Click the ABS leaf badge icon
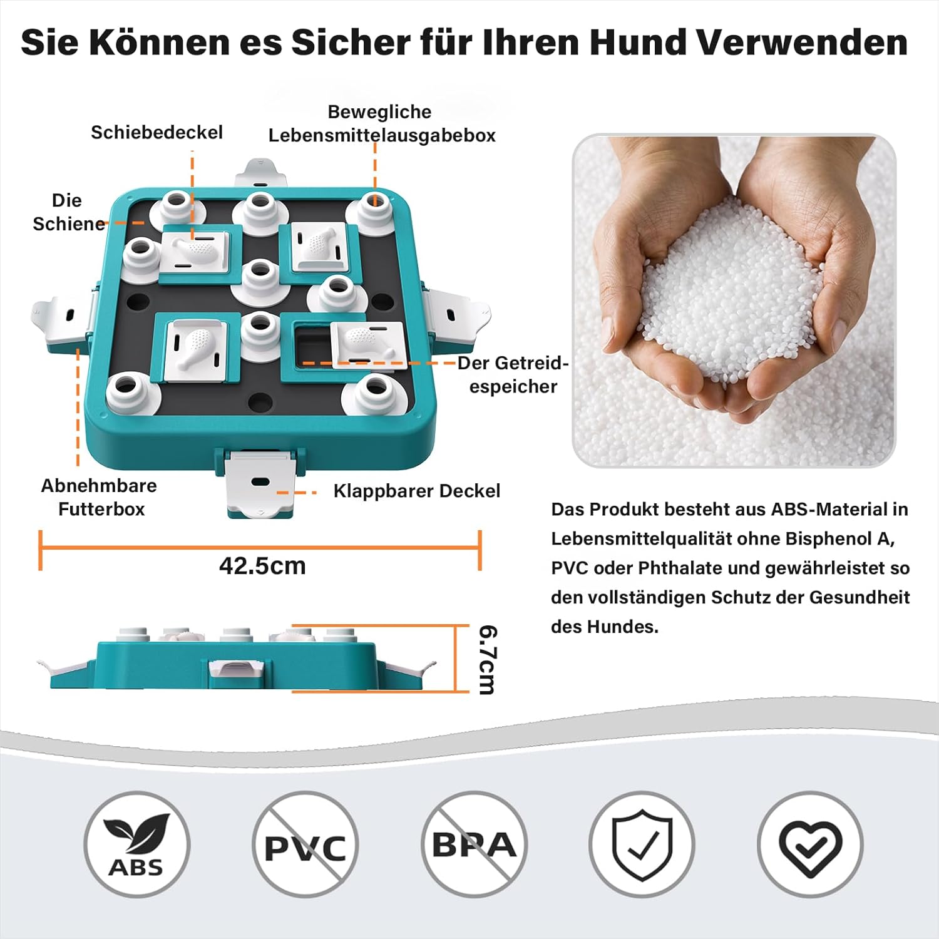tap(136, 844)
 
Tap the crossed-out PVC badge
tap(305, 844)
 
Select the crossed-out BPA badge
tap(474, 844)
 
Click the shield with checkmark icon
tap(642, 844)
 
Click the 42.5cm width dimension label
tap(262, 566)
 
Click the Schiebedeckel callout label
tap(156, 133)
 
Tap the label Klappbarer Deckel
tap(416, 491)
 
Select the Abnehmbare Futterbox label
tap(100, 497)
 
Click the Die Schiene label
tap(68, 212)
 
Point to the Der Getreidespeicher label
tap(513, 374)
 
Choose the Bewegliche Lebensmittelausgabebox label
tap(382, 123)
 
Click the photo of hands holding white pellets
tap(734, 300)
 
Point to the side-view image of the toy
tap(238, 659)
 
